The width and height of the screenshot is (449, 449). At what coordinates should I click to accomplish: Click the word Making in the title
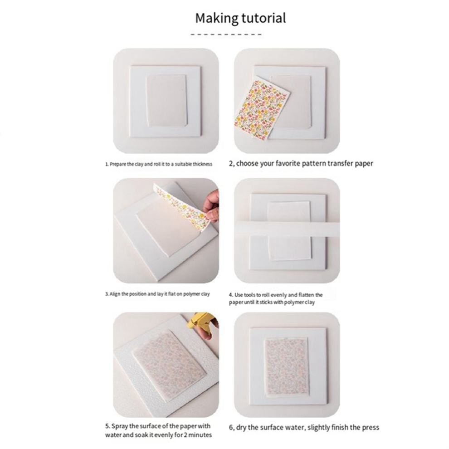point(217,18)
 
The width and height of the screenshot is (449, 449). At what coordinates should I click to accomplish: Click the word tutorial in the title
point(264,18)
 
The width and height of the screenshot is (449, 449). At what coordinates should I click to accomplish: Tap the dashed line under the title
point(226,34)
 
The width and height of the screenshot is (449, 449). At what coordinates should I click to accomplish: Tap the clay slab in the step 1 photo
point(166,100)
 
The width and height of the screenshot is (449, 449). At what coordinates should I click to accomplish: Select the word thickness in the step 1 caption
point(202,164)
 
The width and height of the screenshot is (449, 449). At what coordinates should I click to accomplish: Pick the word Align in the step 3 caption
point(115,294)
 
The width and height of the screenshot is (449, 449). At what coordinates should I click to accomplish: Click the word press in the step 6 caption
point(371,427)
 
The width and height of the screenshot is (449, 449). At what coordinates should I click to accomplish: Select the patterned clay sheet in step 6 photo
point(285,367)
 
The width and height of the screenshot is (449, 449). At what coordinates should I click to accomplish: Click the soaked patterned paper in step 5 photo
point(169,365)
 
